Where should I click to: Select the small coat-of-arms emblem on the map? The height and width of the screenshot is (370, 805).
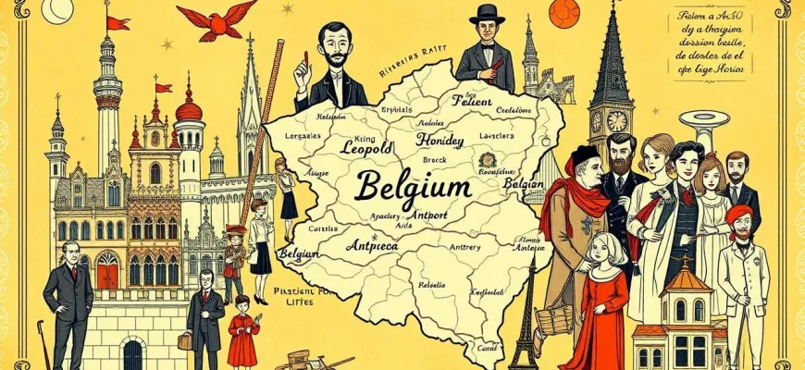pos(487,159)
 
